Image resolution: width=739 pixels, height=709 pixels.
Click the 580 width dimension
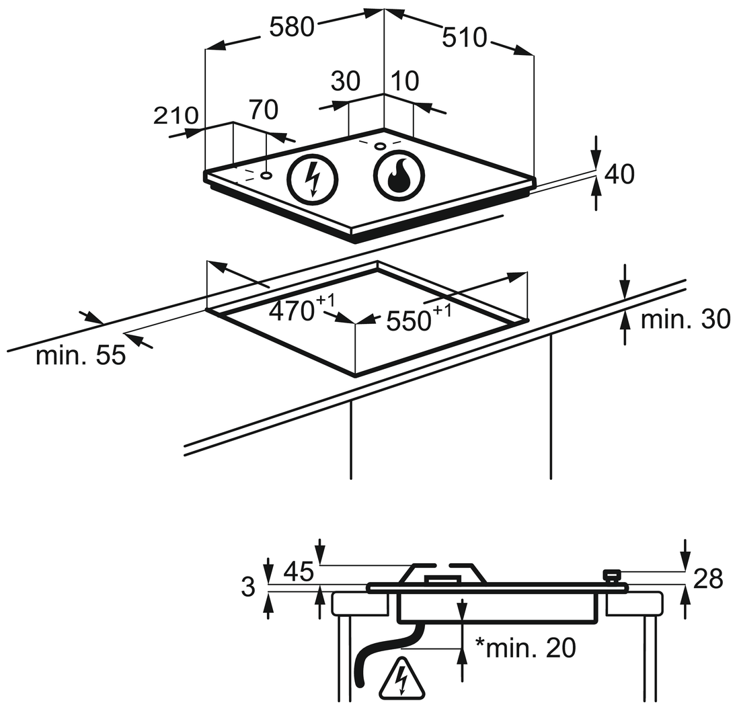pos(292,27)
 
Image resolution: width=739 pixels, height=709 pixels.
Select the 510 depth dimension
pos(464,38)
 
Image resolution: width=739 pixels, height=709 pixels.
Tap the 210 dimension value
pos(176,116)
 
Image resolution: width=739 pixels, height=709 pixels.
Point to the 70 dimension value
pos(264,109)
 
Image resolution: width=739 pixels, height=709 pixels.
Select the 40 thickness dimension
pos(619,174)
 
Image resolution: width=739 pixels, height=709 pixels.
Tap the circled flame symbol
pos(398,176)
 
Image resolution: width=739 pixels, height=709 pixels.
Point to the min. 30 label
pos(685,320)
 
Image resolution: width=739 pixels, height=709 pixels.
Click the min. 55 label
pos(81,356)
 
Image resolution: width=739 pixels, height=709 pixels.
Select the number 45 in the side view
pos(298,572)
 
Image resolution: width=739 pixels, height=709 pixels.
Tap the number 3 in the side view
pos(249,587)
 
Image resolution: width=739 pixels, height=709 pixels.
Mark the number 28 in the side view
pos(707,577)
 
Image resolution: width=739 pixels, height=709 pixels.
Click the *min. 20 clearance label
pos(526,648)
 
